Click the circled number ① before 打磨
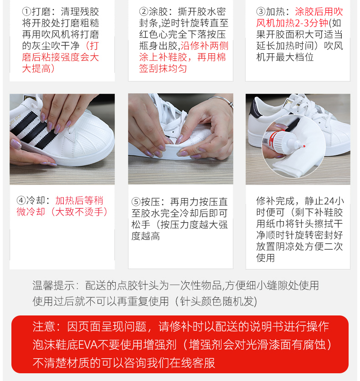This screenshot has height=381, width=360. (x=27, y=12)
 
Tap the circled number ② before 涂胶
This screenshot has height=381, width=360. (x=144, y=12)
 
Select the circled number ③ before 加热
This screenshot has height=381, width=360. (x=261, y=12)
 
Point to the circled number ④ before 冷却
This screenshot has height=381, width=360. (x=21, y=201)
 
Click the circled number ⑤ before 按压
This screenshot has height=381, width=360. (x=136, y=202)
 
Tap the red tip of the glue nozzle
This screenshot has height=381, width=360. (x=304, y=146)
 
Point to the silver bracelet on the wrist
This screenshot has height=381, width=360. (x=221, y=100)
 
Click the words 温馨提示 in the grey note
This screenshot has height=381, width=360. (x=53, y=285)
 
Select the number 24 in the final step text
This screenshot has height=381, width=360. (x=329, y=201)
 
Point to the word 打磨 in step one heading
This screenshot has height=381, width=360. (x=41, y=12)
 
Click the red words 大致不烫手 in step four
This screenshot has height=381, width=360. (x=79, y=212)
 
